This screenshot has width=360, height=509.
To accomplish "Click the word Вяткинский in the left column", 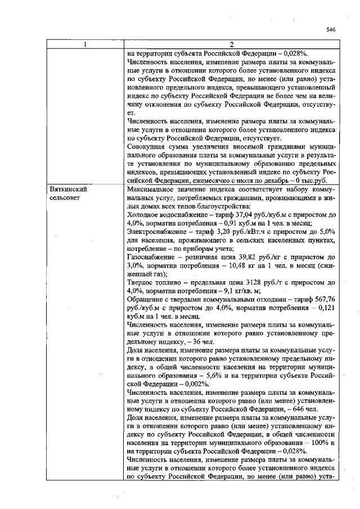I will pyautogui.click(x=68, y=190).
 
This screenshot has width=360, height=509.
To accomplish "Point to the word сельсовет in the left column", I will pyautogui.click(x=65, y=199).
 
